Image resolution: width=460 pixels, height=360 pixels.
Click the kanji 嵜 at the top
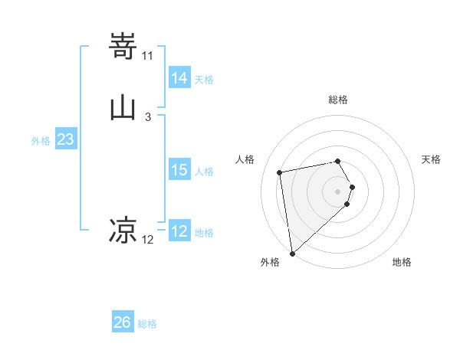[123, 45]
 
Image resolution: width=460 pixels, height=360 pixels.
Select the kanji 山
[123, 107]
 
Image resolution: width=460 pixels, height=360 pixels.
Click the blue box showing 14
[179, 78]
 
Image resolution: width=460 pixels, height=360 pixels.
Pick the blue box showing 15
[179, 170]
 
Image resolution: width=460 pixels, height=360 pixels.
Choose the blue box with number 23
[65, 140]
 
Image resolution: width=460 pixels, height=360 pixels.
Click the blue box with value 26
[123, 322]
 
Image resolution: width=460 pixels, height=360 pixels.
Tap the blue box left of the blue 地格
[179, 231]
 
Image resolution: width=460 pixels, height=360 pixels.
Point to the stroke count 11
[147, 56]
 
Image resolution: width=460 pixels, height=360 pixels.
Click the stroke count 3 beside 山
[147, 117]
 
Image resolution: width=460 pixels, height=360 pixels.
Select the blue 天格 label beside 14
[204, 80]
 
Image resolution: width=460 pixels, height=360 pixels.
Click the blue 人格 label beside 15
[204, 172]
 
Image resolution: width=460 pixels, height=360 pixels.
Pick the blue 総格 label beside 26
[147, 324]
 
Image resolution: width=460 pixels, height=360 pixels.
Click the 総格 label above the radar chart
[338, 100]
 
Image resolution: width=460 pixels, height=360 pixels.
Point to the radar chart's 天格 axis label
[431, 159]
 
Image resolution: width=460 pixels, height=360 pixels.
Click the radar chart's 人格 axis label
[245, 159]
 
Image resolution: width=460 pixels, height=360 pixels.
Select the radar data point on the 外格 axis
[291, 253]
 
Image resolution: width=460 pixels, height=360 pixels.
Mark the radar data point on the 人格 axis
[280, 172]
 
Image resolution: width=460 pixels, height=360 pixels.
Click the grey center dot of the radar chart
[338, 190]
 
